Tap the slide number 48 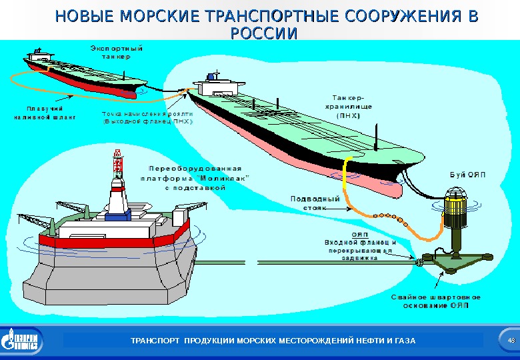click(511, 341)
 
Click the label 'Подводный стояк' click(316, 203)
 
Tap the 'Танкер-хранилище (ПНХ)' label click(348, 106)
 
